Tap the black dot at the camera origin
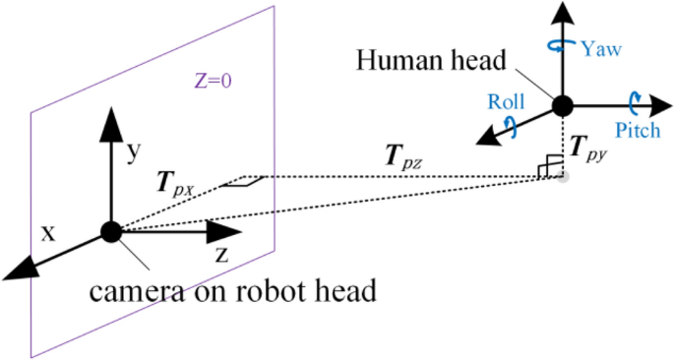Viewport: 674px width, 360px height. click(x=110, y=232)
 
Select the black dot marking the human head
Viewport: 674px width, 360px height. click(x=562, y=105)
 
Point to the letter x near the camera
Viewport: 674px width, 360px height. click(x=46, y=232)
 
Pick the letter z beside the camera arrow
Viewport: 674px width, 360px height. click(x=222, y=256)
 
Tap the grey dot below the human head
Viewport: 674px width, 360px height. click(x=562, y=177)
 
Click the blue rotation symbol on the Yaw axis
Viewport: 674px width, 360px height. click(x=562, y=44)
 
